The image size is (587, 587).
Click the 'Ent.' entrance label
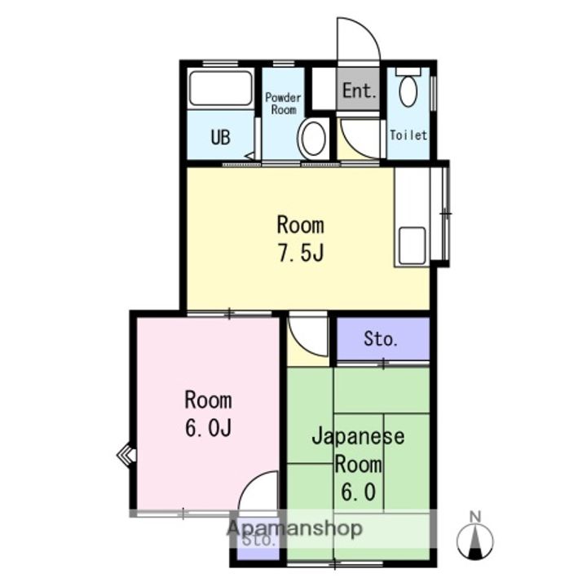coord(359,90)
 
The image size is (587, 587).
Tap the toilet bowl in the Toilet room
coord(408,90)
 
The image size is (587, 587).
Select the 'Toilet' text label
coord(408,135)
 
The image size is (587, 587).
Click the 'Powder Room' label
coord(283,104)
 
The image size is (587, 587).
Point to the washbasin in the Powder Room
coord(312,138)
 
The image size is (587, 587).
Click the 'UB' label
coord(220,137)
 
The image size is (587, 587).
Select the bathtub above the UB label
coord(221,90)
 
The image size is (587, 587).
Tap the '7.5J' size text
coord(301,253)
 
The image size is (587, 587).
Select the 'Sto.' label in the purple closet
coord(380,339)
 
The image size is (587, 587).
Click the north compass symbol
coord(477,539)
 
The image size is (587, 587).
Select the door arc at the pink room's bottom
coord(261,496)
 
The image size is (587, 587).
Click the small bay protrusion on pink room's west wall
coord(126,453)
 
